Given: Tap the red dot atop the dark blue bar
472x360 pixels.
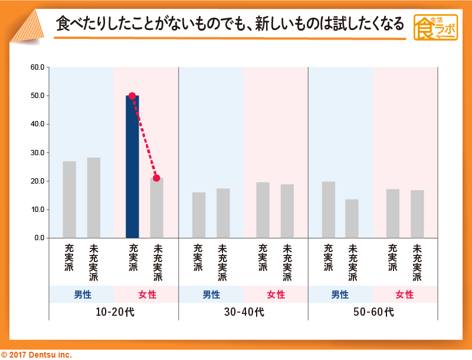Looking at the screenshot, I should click(x=132, y=96).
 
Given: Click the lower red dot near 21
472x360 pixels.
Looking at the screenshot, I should click(x=156, y=178).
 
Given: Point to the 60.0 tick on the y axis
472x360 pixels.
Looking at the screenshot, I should click(x=38, y=67).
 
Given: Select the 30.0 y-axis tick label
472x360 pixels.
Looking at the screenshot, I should click(x=38, y=152).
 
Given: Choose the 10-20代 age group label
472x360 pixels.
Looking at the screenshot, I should click(x=114, y=312).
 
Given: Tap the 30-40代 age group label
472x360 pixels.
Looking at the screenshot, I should click(x=244, y=312).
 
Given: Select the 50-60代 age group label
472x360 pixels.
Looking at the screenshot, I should click(x=373, y=312).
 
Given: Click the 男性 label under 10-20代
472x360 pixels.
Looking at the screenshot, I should click(x=82, y=294).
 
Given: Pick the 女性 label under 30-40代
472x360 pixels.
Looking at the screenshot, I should click(x=276, y=294).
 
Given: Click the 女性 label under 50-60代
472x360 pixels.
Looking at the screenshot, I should click(x=405, y=294).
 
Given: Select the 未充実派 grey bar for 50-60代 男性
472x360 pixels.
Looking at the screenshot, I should click(x=352, y=218).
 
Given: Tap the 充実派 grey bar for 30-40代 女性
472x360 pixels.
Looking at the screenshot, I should click(x=263, y=210).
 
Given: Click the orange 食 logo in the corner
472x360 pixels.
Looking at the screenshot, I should click(x=437, y=27).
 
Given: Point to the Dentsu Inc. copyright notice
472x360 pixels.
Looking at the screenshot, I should click(x=37, y=355).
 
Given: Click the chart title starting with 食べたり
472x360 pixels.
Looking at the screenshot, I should click(x=230, y=24).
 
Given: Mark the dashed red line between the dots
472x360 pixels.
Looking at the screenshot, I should click(x=145, y=137).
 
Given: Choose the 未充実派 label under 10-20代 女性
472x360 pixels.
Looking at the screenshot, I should click(x=158, y=262).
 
